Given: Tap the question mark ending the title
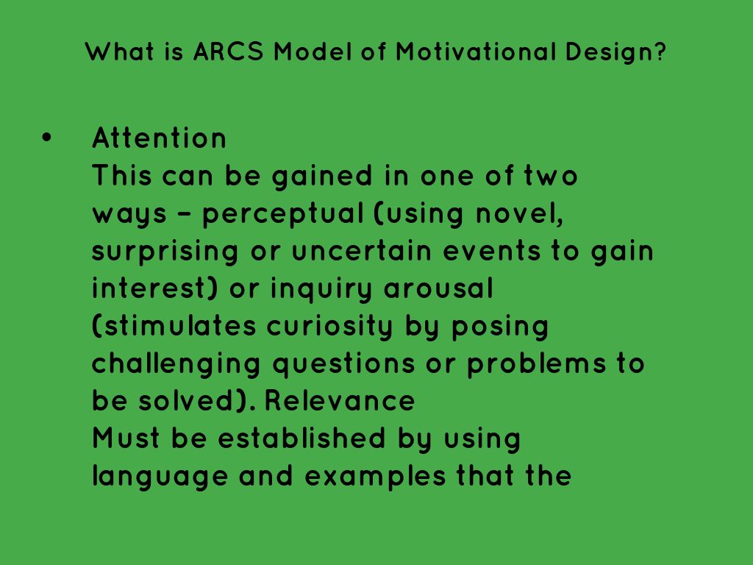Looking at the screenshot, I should (x=660, y=53).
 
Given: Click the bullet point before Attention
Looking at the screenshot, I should (x=48, y=138).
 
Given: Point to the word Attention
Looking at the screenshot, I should (x=160, y=138).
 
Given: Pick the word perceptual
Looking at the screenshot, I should (x=282, y=214).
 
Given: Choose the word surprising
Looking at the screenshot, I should (x=165, y=252).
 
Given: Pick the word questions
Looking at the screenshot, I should (x=346, y=365).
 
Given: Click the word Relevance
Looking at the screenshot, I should (x=339, y=401).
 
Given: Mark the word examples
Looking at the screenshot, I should (x=374, y=477).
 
